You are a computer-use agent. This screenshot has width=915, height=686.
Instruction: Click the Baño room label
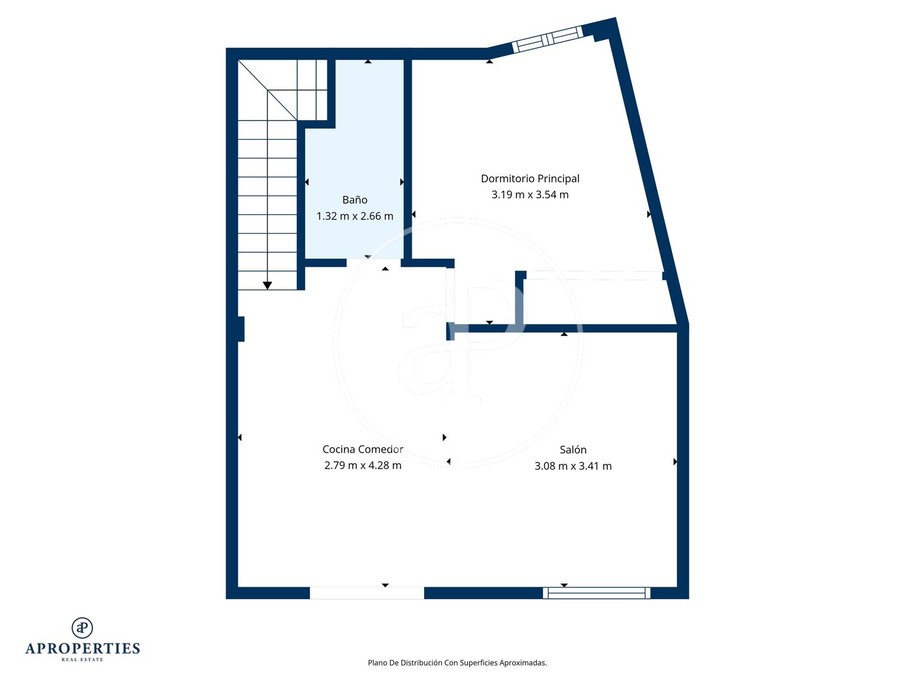354,199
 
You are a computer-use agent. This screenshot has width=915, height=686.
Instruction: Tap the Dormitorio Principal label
530,178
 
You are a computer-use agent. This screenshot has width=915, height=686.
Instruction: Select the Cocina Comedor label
363,449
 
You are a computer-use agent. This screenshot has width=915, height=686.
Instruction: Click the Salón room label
573,449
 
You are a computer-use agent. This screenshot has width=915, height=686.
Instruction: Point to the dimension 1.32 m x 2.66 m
354,216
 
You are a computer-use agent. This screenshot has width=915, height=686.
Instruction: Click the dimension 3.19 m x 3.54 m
530,195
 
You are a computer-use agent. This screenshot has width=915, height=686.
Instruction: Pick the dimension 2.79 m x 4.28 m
363,465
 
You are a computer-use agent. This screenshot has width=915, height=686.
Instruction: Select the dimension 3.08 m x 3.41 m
573,466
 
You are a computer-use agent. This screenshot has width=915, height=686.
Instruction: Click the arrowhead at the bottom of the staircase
267,286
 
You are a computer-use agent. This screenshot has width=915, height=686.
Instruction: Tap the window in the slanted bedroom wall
547,39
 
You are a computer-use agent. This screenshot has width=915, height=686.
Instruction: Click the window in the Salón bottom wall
596,593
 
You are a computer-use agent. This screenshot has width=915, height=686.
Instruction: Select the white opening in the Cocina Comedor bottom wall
367,593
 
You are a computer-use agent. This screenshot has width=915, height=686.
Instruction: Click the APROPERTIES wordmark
82,649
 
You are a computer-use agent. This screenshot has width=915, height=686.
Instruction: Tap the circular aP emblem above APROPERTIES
82,627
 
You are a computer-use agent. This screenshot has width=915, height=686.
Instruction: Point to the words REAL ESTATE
82,659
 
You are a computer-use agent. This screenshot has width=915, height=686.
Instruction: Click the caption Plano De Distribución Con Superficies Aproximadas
457,662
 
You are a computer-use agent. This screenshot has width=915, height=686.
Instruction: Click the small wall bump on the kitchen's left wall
241,329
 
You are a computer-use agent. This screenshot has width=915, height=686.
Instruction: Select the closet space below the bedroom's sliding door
596,302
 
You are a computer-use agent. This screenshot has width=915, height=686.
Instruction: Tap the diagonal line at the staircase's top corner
267,90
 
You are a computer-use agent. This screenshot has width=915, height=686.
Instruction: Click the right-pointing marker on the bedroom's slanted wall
648,214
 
